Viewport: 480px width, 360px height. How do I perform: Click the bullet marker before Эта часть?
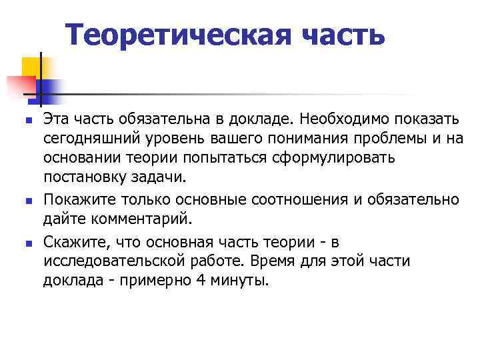(x=27, y=121)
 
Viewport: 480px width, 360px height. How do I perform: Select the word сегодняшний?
(x=87, y=139)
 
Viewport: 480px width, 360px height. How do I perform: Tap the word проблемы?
(x=404, y=139)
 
